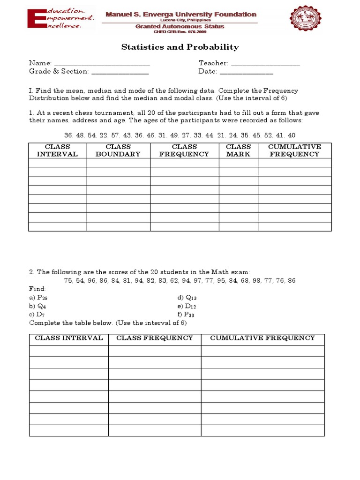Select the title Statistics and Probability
coord(180,47)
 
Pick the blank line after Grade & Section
coord(120,72)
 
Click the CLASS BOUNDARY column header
coord(118,150)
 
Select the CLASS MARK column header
coord(238,150)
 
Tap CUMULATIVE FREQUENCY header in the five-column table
coord(294,150)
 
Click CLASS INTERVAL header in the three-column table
coord(69,338)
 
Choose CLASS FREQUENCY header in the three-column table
coord(155,338)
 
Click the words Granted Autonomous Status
coord(180,27)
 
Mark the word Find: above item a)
coord(37,289)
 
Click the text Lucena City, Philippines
coord(180,20)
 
